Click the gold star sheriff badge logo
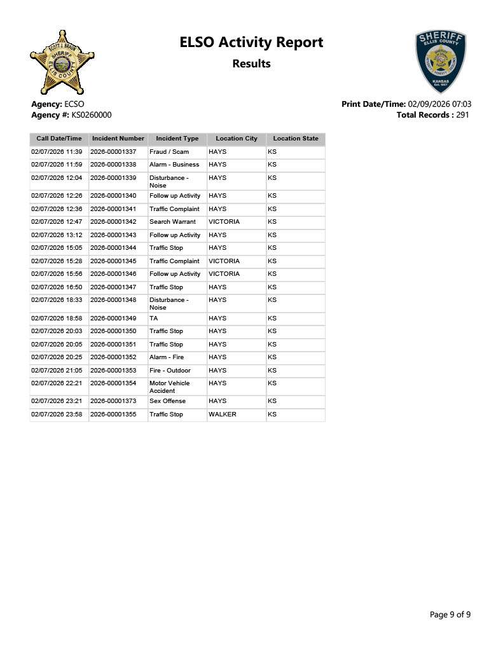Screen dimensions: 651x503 tap(62, 62)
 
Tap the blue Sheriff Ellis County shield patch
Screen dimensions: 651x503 tap(440, 61)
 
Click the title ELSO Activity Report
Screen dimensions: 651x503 tap(251, 43)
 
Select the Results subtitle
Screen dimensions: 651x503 tap(251, 64)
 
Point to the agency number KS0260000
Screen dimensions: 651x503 tap(87, 115)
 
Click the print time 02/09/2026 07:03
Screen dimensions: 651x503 tap(439, 104)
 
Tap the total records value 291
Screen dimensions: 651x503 tap(462, 115)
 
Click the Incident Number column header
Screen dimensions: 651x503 tap(118, 139)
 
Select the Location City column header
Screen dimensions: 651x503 tap(237, 139)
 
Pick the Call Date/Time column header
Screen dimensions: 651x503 tap(59, 139)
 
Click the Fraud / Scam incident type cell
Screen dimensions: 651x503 tap(169, 152)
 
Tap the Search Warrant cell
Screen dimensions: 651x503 tap(172, 222)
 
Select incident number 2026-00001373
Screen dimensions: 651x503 tap(113, 401)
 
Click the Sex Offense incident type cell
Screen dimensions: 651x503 tap(167, 401)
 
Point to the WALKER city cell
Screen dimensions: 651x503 tap(223, 415)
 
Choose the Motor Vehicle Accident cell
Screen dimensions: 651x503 tap(169, 387)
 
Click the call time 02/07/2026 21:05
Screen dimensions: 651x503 tap(57, 370)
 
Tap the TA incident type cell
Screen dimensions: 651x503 tap(154, 318)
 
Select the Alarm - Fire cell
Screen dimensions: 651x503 tap(167, 357)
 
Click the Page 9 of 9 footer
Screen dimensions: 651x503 tap(450, 614)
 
